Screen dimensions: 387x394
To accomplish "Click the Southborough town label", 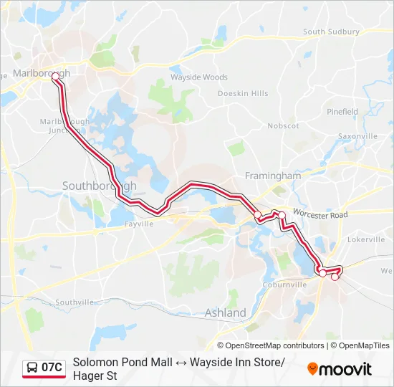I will [99, 186].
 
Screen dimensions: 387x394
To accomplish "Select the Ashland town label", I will [226, 312].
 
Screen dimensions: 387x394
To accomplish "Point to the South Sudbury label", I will [331, 32].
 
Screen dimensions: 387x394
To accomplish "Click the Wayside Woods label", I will [199, 77].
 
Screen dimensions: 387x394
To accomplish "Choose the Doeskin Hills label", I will [243, 93].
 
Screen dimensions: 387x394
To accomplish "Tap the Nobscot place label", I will [283, 125].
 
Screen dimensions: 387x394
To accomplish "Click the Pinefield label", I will [342, 112].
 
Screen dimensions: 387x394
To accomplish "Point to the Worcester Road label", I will [320, 215].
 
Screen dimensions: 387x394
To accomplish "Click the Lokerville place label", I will [365, 239].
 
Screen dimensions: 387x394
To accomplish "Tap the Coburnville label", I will [285, 285].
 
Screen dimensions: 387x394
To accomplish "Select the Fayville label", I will [139, 224].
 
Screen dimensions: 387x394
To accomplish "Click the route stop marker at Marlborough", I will [55, 76].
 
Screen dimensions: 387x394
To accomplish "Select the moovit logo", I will [340, 369].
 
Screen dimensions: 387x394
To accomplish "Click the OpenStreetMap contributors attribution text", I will [270, 345].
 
